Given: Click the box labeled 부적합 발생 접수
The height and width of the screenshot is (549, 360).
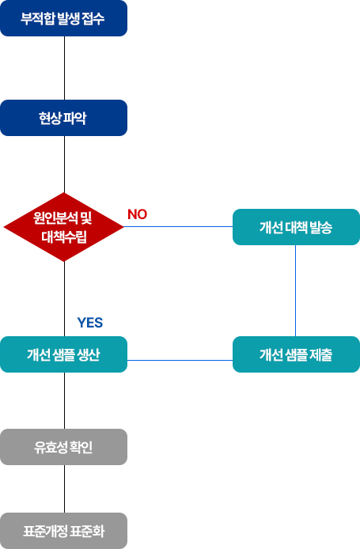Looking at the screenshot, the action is pyautogui.click(x=63, y=18).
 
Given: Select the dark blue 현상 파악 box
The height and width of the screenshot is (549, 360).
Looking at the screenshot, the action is pyautogui.click(x=63, y=118).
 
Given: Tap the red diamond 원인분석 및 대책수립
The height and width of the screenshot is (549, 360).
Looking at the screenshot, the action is pyautogui.click(x=64, y=227).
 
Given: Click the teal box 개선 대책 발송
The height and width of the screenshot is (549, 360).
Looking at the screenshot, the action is pyautogui.click(x=296, y=227).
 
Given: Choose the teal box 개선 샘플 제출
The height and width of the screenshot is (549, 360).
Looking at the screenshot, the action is pyautogui.click(x=296, y=354).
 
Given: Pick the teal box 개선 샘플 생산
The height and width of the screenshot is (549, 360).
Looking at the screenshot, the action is pyautogui.click(x=63, y=354).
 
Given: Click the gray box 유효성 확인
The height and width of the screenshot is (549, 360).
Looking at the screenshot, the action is pyautogui.click(x=63, y=447).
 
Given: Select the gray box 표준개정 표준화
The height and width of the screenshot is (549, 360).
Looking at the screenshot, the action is pyautogui.click(x=63, y=531).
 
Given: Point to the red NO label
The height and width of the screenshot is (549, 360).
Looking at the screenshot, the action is pyautogui.click(x=138, y=214).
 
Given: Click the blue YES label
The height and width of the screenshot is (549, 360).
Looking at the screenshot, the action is pyautogui.click(x=90, y=323).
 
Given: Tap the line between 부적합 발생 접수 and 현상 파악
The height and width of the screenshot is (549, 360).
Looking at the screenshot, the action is pyautogui.click(x=64, y=68).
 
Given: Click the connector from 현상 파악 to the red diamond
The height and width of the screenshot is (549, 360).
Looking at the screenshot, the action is pyautogui.click(x=64, y=165).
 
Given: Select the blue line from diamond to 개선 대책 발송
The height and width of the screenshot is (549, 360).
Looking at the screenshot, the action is pyautogui.click(x=178, y=226).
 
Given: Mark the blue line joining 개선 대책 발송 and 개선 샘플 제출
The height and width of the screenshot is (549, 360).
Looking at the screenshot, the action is pyautogui.click(x=296, y=290).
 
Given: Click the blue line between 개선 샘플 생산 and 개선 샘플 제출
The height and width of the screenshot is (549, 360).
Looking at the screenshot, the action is pyautogui.click(x=180, y=360).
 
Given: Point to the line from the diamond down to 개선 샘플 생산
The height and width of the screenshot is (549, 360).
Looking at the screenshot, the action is pyautogui.click(x=64, y=299).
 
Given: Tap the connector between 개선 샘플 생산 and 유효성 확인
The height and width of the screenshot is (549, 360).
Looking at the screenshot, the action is pyautogui.click(x=64, y=400).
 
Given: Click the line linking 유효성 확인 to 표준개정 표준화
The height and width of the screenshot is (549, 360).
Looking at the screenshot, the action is pyautogui.click(x=64, y=489).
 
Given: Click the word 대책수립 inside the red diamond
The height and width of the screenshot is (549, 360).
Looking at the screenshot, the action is pyautogui.click(x=64, y=237).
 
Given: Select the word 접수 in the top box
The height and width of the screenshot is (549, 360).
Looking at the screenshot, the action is pyautogui.click(x=93, y=18).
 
